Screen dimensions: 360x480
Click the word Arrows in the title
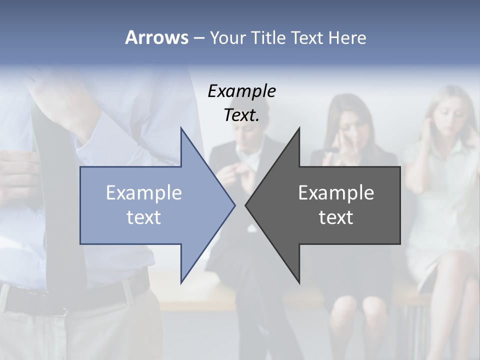pyautogui.click(x=156, y=37)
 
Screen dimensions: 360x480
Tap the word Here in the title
pyautogui.click(x=347, y=37)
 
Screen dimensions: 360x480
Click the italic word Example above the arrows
pyautogui.click(x=241, y=91)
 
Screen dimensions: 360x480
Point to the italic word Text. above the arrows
pyautogui.click(x=241, y=115)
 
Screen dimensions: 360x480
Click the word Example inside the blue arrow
pyautogui.click(x=144, y=192)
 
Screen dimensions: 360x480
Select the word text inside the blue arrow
pyautogui.click(x=144, y=217)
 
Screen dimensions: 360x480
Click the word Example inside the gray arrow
pyautogui.click(x=336, y=192)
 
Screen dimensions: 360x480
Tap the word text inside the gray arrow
pyautogui.click(x=336, y=217)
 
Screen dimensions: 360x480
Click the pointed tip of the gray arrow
pyautogui.click(x=246, y=205)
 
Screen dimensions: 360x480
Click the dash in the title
pyautogui.click(x=198, y=37)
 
